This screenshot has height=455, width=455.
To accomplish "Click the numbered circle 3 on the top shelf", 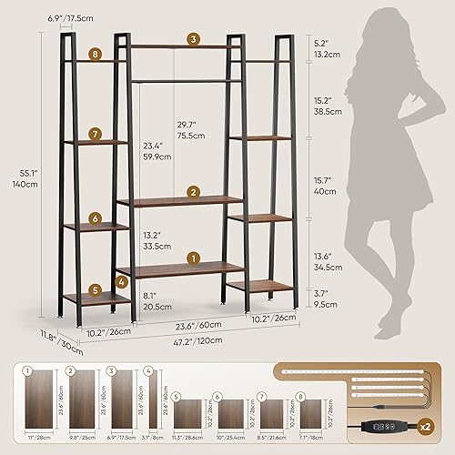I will coord(194,39).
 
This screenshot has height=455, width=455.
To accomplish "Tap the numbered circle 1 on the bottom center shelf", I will coord(192,258).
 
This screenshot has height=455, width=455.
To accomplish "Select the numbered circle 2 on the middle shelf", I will coord(193,191).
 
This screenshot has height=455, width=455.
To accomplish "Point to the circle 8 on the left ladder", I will coord(95,55).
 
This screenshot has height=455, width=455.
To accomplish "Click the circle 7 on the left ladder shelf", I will coord(95,136).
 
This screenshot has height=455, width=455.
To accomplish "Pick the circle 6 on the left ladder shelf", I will coord(95,218).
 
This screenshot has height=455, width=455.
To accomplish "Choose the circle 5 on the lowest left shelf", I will coord(95,290).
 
